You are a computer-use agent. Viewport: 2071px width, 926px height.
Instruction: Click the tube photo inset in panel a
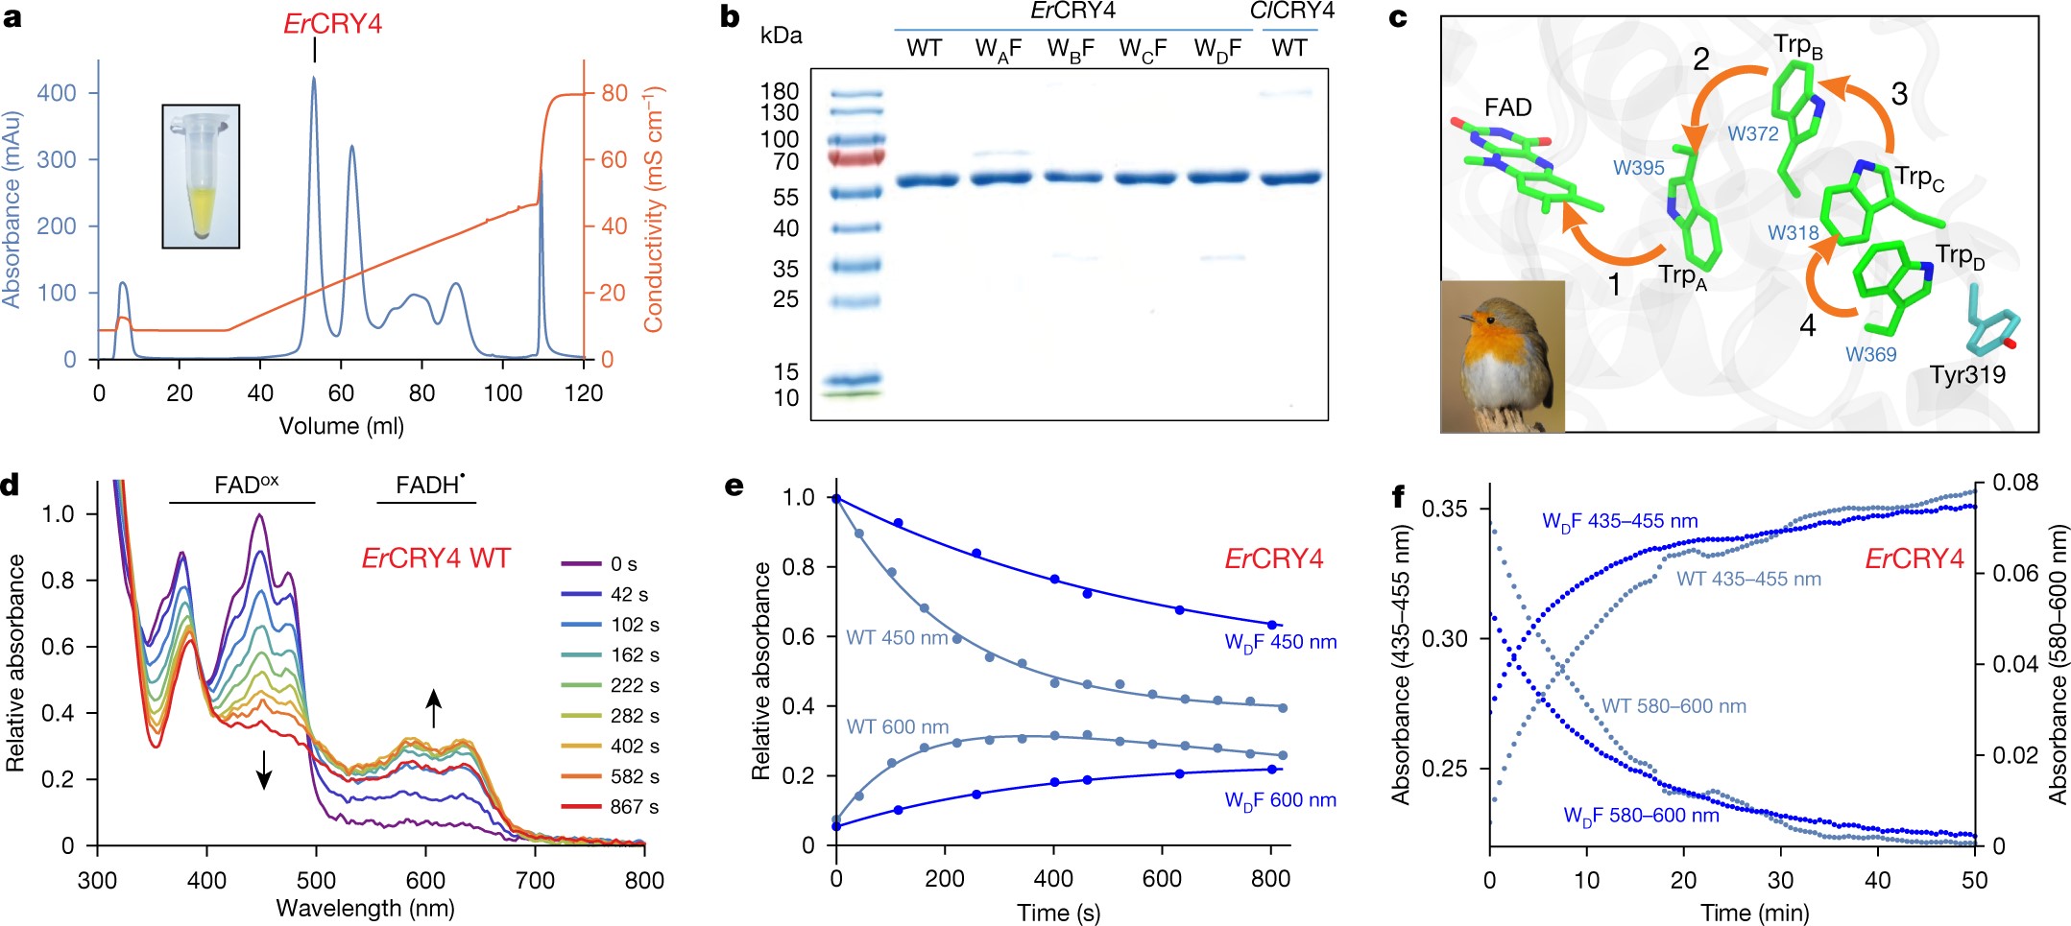coord(201,177)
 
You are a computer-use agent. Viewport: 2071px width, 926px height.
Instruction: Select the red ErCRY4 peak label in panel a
coord(332,24)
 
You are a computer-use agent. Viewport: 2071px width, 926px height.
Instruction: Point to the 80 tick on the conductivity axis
coord(614,93)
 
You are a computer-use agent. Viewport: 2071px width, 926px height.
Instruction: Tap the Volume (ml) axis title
coord(341,426)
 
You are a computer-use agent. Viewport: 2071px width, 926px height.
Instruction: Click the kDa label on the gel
coord(781,36)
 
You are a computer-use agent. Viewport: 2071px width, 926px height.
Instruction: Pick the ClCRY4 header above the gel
coord(1291,12)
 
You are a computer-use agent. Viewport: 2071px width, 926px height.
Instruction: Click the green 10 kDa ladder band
coord(854,393)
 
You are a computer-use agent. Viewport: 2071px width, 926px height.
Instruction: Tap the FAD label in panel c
coord(1507,107)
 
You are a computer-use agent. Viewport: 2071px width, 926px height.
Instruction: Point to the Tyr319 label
coord(1967,375)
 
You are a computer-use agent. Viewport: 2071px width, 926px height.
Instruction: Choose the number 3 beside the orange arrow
coord(1899,94)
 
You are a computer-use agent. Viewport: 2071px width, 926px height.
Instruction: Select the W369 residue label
coord(1870,354)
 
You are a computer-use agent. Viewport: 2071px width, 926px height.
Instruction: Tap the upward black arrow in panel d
coord(434,708)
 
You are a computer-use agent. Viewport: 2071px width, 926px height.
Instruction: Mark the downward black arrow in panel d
coord(264,770)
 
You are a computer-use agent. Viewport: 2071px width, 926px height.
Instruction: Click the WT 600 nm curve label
coord(897,727)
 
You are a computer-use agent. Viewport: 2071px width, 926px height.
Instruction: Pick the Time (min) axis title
coord(1754,913)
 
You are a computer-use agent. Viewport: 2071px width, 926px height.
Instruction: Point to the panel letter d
coord(11,485)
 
